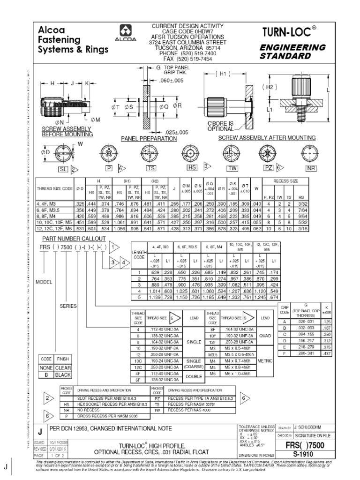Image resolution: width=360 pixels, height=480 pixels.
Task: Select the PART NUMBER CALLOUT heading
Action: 64,238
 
